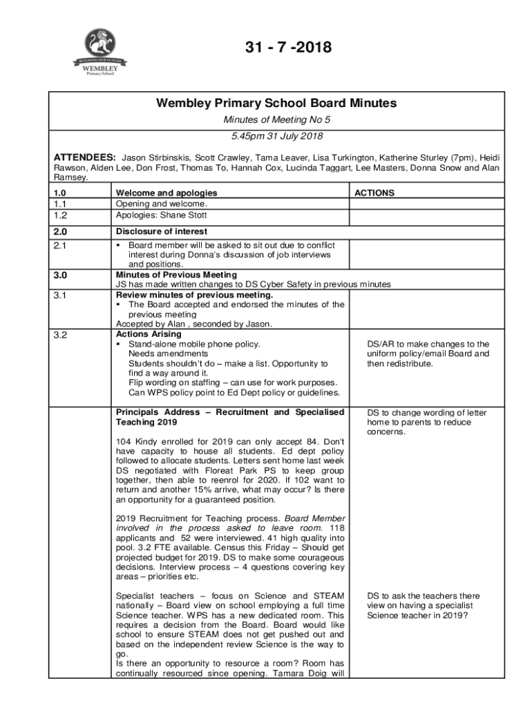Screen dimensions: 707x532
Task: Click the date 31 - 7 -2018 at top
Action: (289, 48)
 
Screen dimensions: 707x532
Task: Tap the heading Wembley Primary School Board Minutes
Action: (276, 104)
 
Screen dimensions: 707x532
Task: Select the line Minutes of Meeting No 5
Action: (276, 121)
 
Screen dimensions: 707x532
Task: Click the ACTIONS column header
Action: (374, 193)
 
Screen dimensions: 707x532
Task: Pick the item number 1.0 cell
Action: (61, 193)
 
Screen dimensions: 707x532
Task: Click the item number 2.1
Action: (61, 245)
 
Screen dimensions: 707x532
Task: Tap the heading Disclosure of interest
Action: (161, 231)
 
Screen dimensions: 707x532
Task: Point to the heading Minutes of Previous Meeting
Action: (176, 275)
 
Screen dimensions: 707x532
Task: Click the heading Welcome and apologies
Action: (166, 193)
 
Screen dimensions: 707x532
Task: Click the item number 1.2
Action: (61, 215)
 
